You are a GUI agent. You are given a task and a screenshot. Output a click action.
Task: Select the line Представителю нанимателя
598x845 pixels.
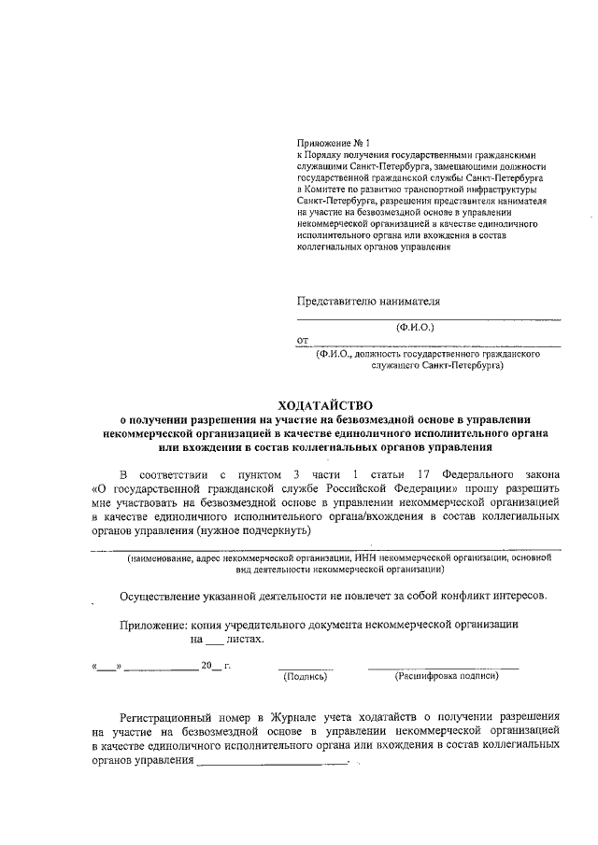[x=367, y=301]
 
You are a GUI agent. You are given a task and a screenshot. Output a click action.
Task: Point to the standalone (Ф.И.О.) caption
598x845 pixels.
[x=416, y=327]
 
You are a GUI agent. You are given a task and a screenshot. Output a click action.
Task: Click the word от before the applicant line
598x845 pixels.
[x=302, y=341]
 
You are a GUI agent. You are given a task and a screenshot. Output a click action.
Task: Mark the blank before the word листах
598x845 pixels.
[x=215, y=641]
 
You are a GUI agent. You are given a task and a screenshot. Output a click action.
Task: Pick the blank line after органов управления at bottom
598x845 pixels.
[x=271, y=761]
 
